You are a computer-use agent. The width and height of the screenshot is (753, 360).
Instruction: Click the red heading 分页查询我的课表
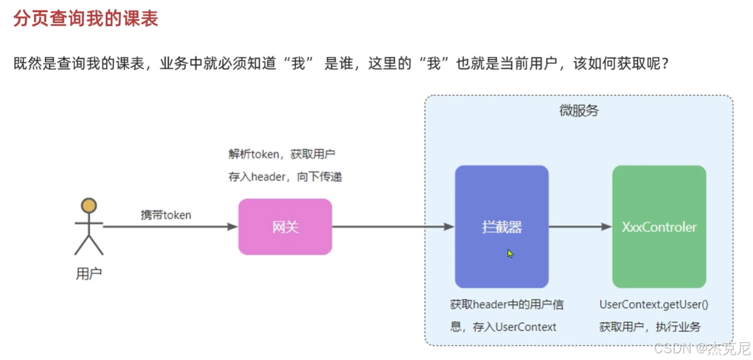(x=86, y=19)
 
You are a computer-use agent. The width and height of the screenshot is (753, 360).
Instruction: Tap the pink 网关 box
(x=285, y=227)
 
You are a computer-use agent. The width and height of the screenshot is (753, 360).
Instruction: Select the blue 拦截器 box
(x=501, y=227)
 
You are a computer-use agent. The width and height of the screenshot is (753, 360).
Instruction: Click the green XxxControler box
(x=659, y=227)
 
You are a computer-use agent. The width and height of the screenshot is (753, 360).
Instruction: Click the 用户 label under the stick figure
(x=89, y=274)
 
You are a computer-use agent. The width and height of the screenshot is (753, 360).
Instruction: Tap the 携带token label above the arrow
(x=165, y=215)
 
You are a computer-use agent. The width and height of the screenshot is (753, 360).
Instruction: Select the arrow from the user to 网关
(x=170, y=227)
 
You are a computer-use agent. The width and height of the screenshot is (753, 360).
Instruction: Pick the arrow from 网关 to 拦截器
(x=393, y=227)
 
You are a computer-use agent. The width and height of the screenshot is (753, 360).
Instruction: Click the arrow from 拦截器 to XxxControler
(x=580, y=227)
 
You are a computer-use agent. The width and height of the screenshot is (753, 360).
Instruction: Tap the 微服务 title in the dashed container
(x=578, y=111)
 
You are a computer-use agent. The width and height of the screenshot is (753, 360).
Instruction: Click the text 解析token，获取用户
(x=282, y=154)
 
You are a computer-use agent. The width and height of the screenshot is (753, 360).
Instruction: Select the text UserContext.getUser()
(x=654, y=305)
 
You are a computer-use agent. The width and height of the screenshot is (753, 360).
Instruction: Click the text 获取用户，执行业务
(x=650, y=327)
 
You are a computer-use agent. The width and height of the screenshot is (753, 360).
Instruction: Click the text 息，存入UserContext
(x=503, y=327)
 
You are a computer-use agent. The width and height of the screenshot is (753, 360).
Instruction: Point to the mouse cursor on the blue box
(x=510, y=253)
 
